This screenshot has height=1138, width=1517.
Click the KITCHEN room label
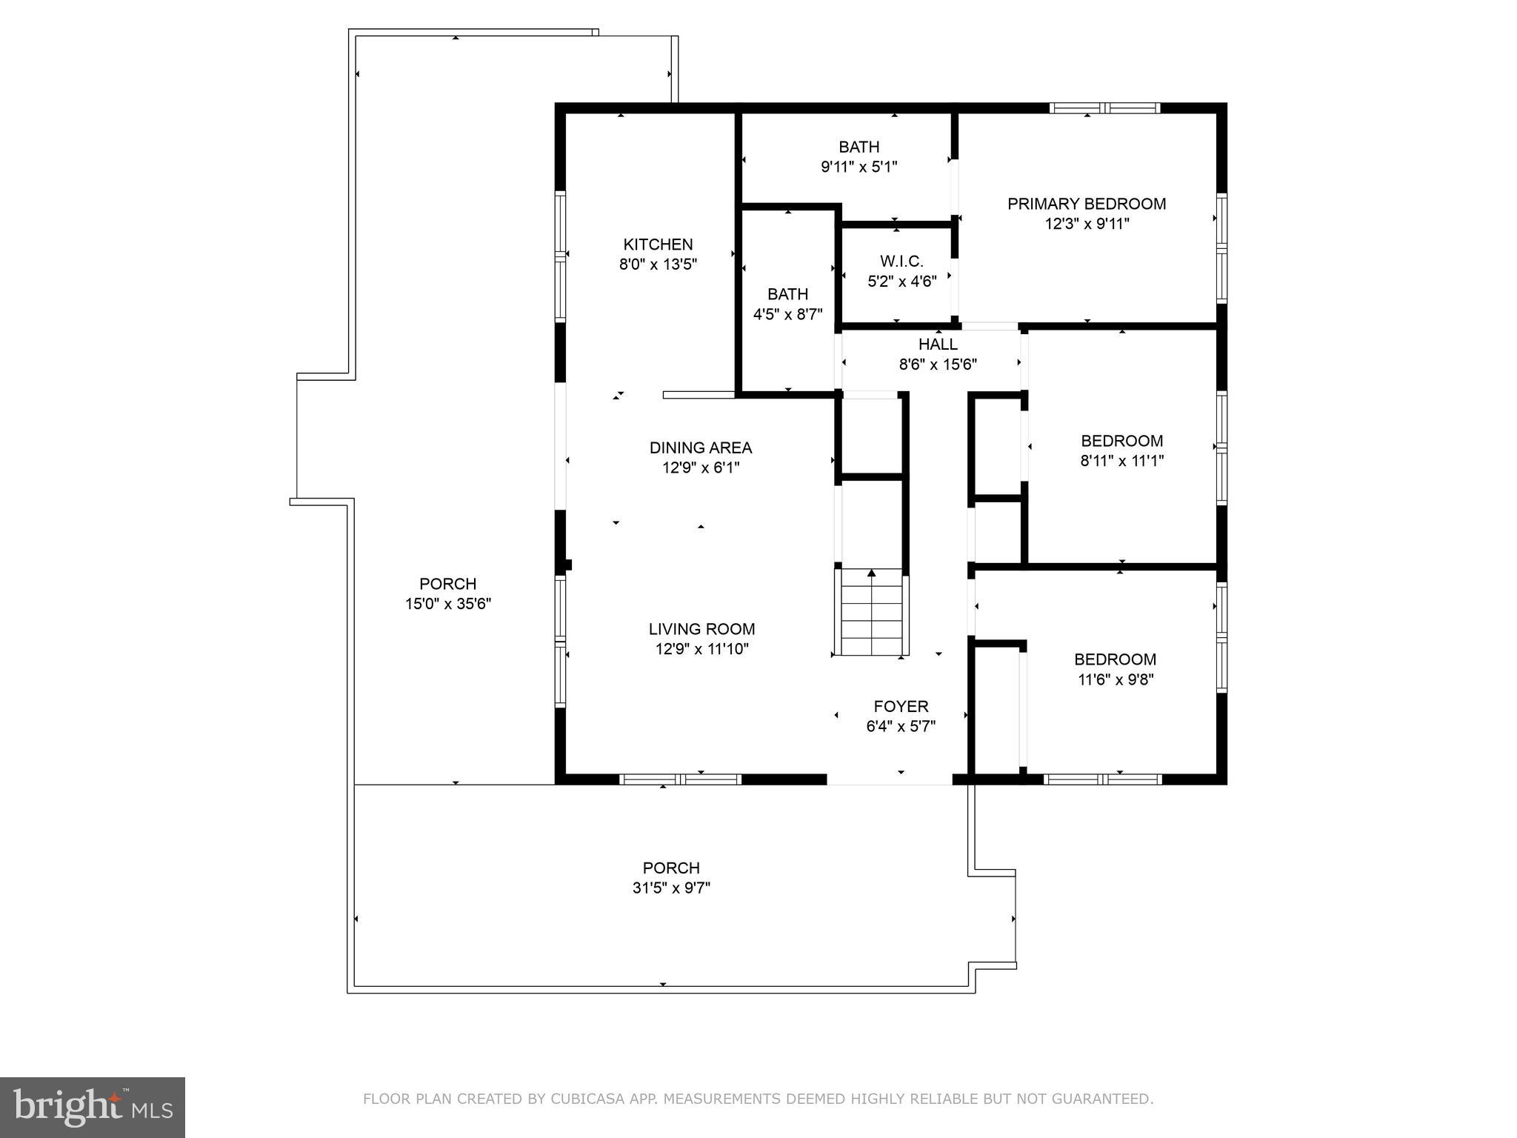click(x=658, y=244)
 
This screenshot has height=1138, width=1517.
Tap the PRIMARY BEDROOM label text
click(x=1086, y=204)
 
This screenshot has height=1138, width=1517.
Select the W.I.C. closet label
click(x=901, y=262)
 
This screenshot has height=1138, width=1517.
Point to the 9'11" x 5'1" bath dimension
click(x=858, y=167)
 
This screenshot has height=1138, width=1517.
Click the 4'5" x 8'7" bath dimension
click(x=787, y=314)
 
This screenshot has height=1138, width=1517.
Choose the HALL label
click(x=938, y=345)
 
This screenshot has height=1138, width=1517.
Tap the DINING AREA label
click(x=700, y=447)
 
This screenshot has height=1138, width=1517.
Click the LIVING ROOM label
click(x=701, y=629)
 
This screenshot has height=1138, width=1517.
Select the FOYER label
click(x=901, y=706)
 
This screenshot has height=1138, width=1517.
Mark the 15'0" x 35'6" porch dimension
click(x=447, y=604)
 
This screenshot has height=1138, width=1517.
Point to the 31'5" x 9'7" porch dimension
click(x=671, y=888)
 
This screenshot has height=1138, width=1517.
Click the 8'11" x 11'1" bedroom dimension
click(x=1121, y=461)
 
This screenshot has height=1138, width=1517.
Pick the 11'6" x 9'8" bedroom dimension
click(x=1116, y=679)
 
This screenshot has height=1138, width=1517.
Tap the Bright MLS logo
click(x=93, y=1108)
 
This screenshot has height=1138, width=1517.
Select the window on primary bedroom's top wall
click(x=1104, y=108)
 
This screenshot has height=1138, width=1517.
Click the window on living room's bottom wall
click(x=680, y=779)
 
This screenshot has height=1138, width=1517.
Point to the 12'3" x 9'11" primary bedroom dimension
click(x=1087, y=224)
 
